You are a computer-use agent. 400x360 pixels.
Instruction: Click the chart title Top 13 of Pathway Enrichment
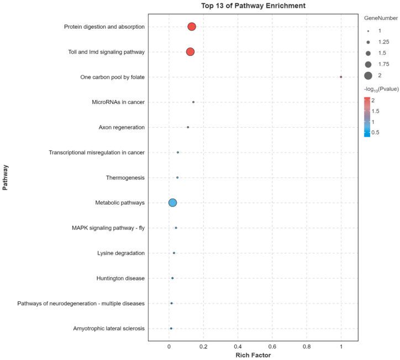(x=252, y=6)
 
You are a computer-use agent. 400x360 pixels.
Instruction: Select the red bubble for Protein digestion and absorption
(x=192, y=27)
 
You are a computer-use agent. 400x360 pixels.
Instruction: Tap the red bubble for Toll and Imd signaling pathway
(x=190, y=51)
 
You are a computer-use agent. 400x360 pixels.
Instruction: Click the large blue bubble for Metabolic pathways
(x=172, y=203)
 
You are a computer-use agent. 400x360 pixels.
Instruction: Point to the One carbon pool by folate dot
(x=341, y=77)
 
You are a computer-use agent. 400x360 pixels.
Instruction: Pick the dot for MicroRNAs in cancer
(x=193, y=102)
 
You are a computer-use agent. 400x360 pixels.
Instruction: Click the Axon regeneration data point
(x=188, y=127)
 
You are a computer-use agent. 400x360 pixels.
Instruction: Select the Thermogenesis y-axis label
(x=125, y=178)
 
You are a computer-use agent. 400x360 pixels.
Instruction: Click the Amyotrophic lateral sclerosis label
(x=109, y=328)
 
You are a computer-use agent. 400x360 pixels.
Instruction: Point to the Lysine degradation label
(x=120, y=253)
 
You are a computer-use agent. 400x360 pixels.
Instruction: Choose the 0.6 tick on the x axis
(x=272, y=345)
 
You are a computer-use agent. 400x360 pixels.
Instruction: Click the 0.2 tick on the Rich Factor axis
(x=203, y=345)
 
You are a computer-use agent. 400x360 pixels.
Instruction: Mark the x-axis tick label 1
(x=341, y=345)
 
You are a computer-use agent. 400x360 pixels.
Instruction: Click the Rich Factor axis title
(x=253, y=355)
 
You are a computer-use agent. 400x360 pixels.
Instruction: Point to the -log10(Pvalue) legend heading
(x=381, y=89)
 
